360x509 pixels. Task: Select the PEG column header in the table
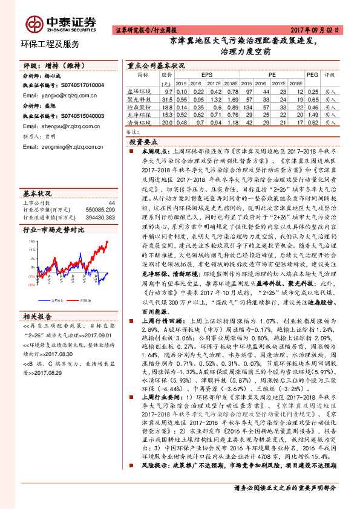click(x=312, y=74)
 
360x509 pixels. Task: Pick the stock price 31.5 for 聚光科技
click(x=166, y=99)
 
